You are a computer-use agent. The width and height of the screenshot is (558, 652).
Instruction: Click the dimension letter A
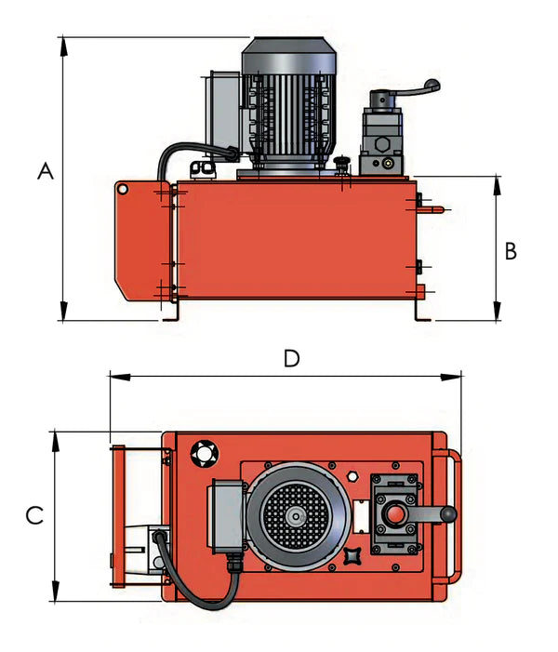coord(45,171)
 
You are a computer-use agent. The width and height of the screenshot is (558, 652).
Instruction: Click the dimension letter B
coord(511,250)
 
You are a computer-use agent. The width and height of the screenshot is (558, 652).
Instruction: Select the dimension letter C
coord(33,515)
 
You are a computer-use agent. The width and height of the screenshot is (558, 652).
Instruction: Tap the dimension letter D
coord(291,359)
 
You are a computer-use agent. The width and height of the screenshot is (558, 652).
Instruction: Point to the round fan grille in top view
coord(295,515)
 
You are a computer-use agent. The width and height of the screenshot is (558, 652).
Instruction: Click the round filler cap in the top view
coord(203,454)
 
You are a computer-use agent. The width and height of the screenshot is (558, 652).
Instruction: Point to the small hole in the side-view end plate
coord(121,189)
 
